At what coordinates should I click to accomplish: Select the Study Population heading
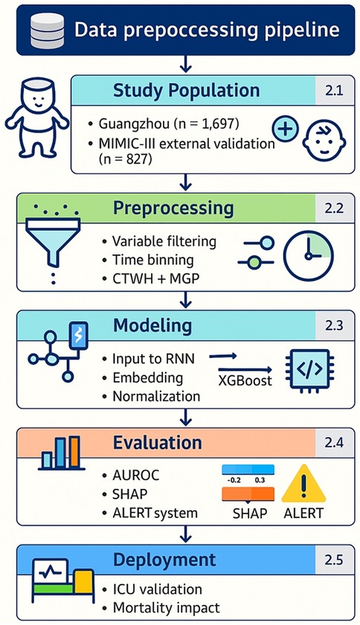186,91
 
